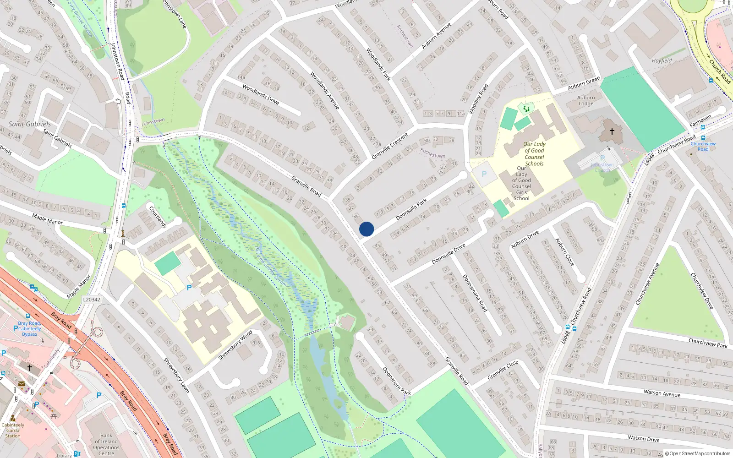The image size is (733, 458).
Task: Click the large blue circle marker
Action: (366, 229)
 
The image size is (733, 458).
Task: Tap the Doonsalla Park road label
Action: (411, 209)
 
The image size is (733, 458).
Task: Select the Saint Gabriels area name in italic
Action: (30, 124)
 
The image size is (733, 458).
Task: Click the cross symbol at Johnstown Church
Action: (612, 131)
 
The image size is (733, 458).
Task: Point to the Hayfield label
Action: (662, 60)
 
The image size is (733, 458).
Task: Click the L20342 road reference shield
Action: (92, 300)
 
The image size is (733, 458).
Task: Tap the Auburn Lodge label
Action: (586, 101)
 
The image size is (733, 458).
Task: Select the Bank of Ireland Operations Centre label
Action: (106, 444)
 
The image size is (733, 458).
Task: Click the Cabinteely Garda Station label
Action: (13, 430)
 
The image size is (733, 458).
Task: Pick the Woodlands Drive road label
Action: (261, 94)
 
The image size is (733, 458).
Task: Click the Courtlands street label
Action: (158, 217)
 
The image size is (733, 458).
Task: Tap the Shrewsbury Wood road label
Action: (235, 344)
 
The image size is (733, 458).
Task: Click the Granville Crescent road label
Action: (389, 146)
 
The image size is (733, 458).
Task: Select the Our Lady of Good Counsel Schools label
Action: (534, 153)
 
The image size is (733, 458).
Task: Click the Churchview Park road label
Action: (708, 343)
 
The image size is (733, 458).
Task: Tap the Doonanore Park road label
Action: (397, 381)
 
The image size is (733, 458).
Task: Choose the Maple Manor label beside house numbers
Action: (47, 219)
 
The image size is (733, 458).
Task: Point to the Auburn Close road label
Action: (564, 252)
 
